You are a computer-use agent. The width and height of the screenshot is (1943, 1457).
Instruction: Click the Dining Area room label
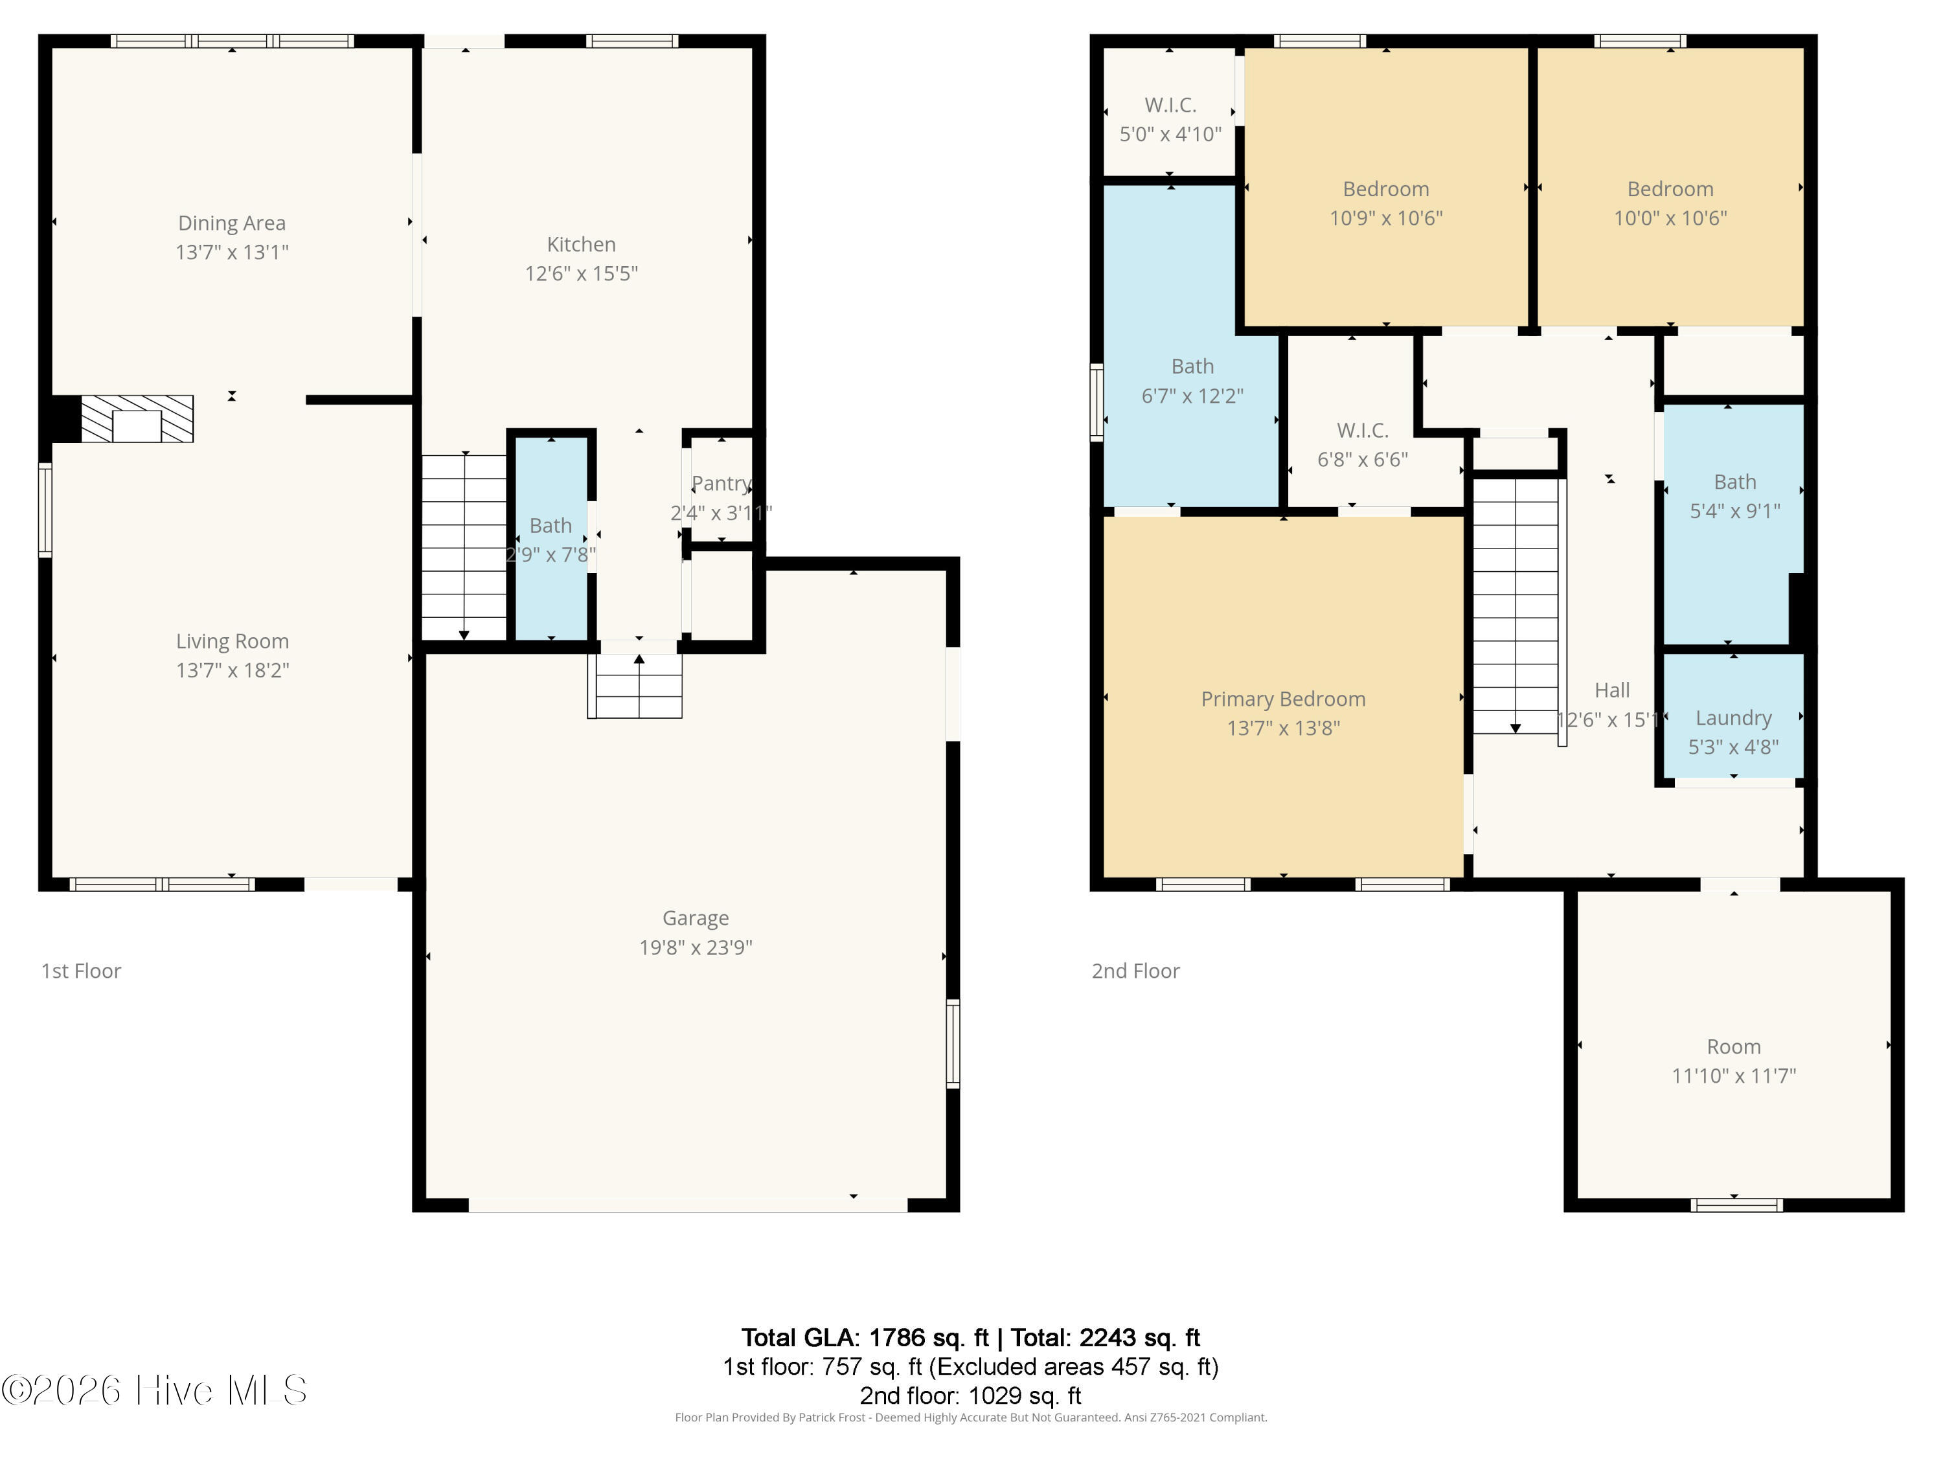[231, 223]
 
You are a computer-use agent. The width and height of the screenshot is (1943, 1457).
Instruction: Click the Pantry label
[720, 483]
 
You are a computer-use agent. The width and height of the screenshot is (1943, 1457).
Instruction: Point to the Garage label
[695, 918]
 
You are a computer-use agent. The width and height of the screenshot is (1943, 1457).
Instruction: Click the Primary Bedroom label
[1282, 699]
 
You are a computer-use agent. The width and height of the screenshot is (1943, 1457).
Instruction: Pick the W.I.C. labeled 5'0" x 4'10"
[1170, 119]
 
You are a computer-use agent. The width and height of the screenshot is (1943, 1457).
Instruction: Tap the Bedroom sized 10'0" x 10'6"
[1669, 203]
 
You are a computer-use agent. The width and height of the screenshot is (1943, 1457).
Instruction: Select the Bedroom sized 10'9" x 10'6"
[1385, 203]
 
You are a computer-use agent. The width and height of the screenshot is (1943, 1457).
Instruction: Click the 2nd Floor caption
[1135, 971]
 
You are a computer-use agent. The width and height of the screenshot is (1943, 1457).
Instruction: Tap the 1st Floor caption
[81, 971]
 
